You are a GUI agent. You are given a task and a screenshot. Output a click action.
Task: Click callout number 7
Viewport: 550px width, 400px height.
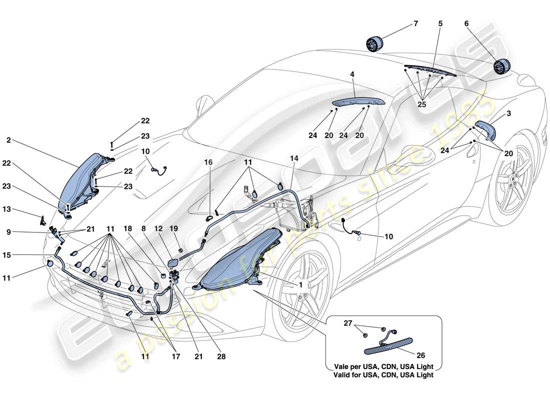click(416, 23)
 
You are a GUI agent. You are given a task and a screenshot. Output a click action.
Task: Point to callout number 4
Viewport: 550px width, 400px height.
click(352, 74)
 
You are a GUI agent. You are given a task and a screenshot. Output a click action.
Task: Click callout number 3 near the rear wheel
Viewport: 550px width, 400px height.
click(509, 114)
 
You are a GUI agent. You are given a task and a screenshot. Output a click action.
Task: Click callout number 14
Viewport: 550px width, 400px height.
click(293, 158)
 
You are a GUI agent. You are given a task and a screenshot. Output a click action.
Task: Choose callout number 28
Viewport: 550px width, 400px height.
click(221, 357)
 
